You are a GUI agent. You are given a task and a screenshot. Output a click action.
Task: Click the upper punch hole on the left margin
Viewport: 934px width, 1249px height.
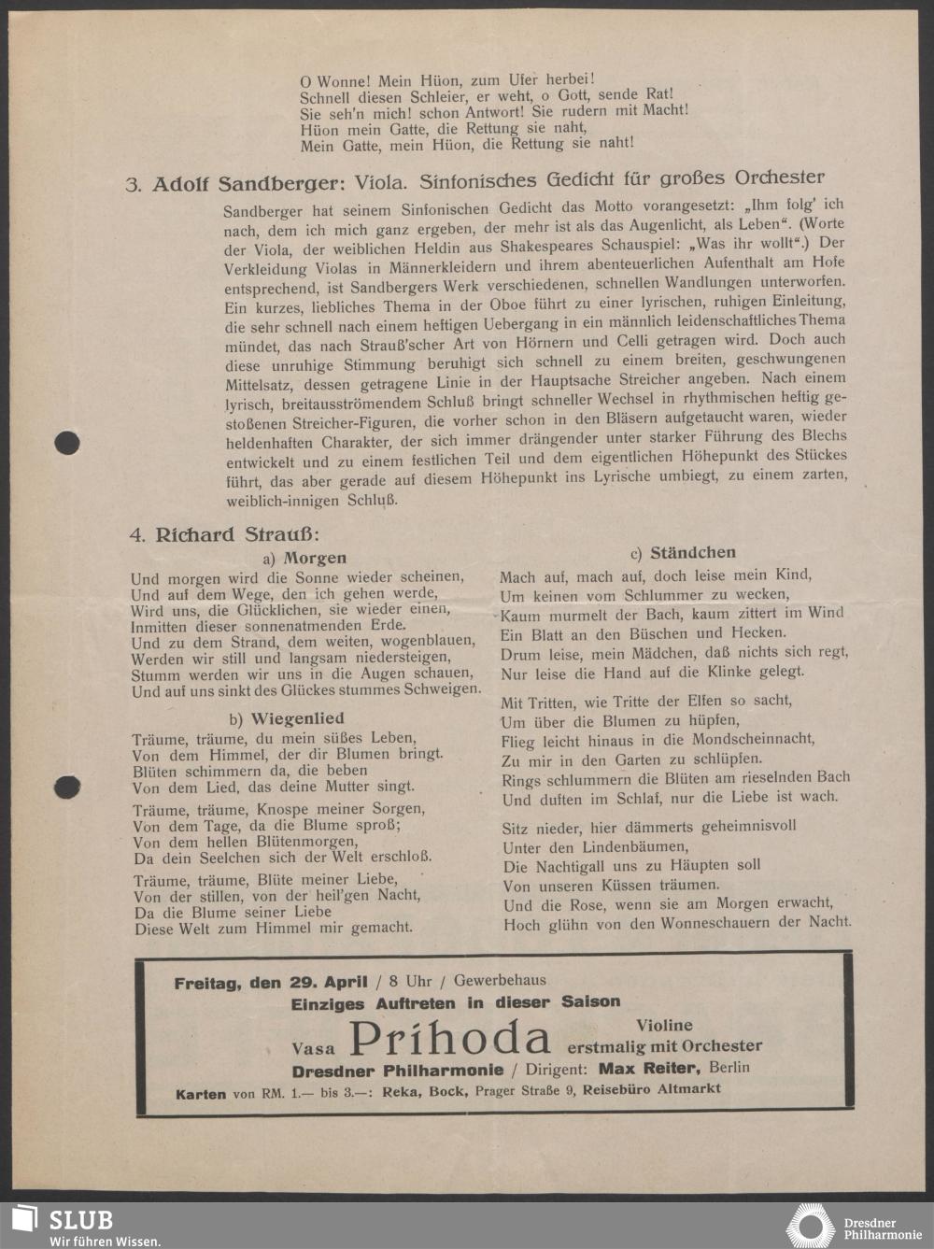click(x=66, y=442)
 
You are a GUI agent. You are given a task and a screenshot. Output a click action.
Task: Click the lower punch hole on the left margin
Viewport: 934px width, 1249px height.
click(x=66, y=787)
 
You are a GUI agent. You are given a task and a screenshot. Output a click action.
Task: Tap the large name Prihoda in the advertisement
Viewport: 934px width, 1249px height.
click(x=449, y=1039)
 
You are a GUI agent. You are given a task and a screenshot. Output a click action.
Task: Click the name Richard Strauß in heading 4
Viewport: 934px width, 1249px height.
click(x=236, y=535)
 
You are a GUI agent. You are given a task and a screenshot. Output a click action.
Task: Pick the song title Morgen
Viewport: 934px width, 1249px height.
click(x=315, y=558)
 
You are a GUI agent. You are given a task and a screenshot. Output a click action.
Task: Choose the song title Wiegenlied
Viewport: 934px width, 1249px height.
click(x=297, y=718)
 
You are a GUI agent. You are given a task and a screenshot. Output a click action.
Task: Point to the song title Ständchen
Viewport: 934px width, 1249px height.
click(x=692, y=553)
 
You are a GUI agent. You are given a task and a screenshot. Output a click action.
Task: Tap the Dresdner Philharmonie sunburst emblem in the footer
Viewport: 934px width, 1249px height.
click(x=810, y=1226)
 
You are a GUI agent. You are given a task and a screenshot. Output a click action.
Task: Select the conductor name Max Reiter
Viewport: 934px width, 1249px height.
click(x=648, y=1069)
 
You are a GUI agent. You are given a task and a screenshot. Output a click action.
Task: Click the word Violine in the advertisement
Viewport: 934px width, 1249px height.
click(x=664, y=1025)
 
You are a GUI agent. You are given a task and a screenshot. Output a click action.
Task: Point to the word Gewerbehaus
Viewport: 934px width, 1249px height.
click(x=500, y=981)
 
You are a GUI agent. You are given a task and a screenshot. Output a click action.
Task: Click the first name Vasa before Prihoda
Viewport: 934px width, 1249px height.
click(x=313, y=1048)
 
